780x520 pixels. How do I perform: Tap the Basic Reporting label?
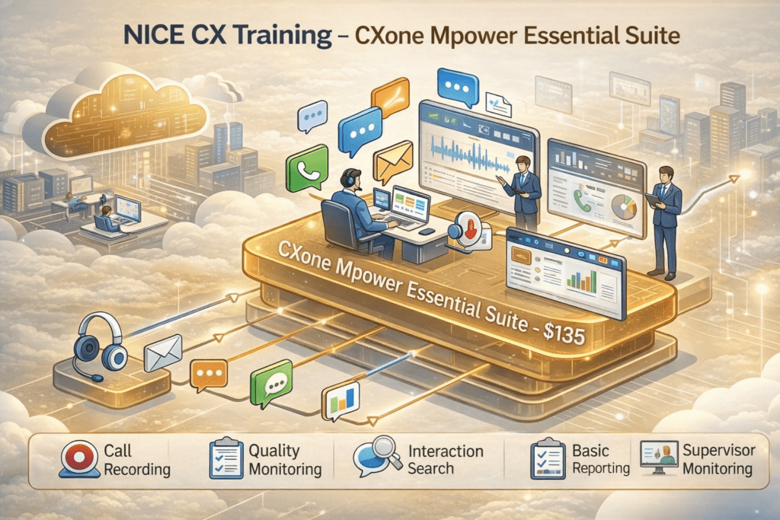pos(601,459)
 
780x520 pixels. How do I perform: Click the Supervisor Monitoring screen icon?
pos(658,459)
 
